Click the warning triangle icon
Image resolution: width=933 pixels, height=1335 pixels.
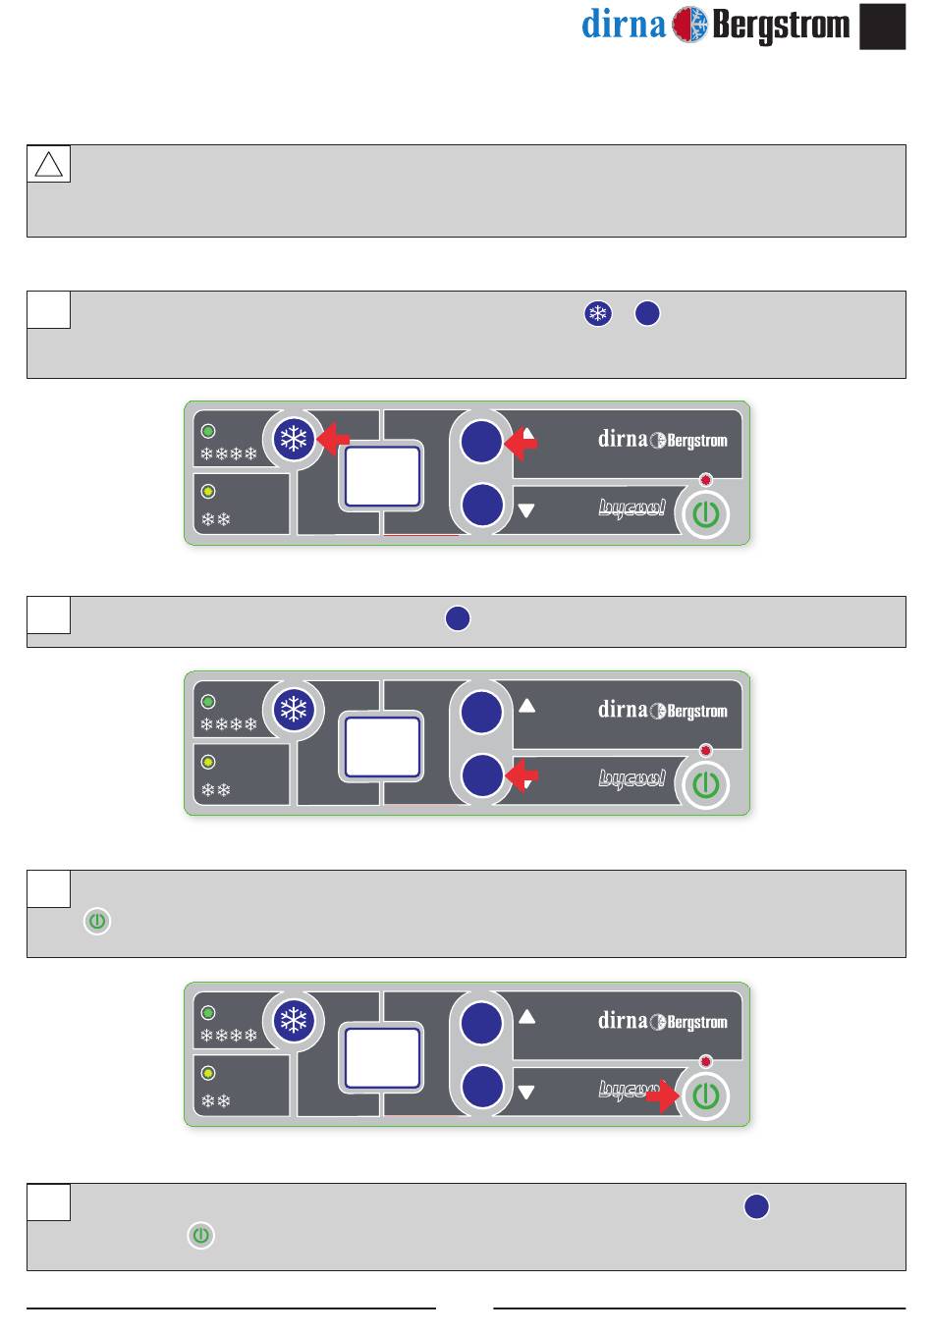(x=48, y=164)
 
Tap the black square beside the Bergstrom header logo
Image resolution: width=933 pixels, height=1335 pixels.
(x=882, y=27)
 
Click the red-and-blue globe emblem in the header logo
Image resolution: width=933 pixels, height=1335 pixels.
(x=689, y=24)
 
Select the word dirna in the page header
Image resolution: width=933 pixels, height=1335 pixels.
(x=624, y=24)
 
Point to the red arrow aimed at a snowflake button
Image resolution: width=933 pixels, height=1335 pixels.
(x=334, y=439)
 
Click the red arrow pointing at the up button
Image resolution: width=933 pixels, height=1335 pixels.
(x=521, y=444)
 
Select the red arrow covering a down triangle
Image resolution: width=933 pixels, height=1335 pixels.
(x=521, y=777)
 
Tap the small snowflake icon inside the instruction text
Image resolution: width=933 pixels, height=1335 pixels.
(x=597, y=313)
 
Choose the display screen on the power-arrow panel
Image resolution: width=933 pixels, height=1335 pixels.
(x=382, y=1058)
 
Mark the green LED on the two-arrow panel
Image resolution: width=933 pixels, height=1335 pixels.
(x=208, y=431)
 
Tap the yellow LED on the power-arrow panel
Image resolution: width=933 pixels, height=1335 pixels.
(x=208, y=1073)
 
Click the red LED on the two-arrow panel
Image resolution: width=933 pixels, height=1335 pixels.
(x=705, y=480)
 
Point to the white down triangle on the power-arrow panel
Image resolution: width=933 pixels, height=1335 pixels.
(x=526, y=1092)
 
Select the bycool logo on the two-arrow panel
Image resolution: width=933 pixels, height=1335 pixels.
(x=632, y=508)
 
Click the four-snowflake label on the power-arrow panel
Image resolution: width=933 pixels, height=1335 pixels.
(x=228, y=1036)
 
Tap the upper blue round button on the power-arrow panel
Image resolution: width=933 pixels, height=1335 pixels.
(x=481, y=1022)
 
